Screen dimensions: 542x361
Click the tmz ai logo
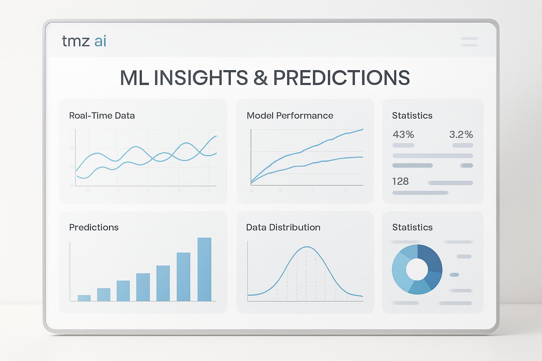click(84, 41)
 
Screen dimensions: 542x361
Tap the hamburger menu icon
click(469, 42)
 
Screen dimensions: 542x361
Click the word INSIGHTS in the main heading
click(200, 78)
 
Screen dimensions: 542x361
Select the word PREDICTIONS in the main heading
click(342, 78)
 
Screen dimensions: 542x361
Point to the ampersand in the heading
click(261, 78)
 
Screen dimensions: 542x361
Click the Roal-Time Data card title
click(102, 116)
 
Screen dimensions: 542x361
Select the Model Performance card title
click(290, 116)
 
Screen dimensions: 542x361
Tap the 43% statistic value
click(403, 134)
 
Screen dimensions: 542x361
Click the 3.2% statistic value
click(461, 134)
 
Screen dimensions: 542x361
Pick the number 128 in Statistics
click(401, 181)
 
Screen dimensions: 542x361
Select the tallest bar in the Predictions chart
click(204, 269)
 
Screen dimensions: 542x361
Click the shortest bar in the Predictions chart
click(84, 298)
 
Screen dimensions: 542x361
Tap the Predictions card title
click(94, 227)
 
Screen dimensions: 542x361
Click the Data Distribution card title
click(283, 227)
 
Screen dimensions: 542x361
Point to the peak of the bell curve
click(307, 247)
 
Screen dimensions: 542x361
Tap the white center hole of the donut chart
click(417, 269)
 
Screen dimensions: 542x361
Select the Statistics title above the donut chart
click(412, 227)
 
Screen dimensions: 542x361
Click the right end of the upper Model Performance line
click(363, 129)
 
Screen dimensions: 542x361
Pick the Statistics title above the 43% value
click(412, 116)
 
